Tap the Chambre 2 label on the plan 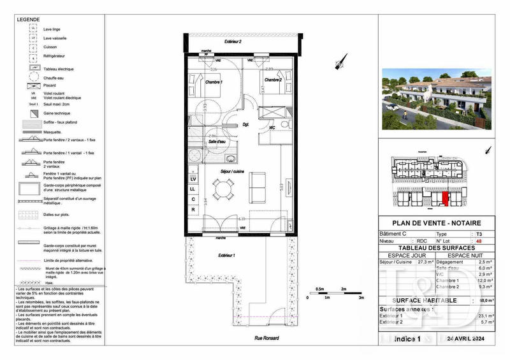273,80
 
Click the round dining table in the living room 221,189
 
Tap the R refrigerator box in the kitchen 193,209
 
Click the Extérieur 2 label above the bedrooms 233,41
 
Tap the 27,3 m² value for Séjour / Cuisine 425,261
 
